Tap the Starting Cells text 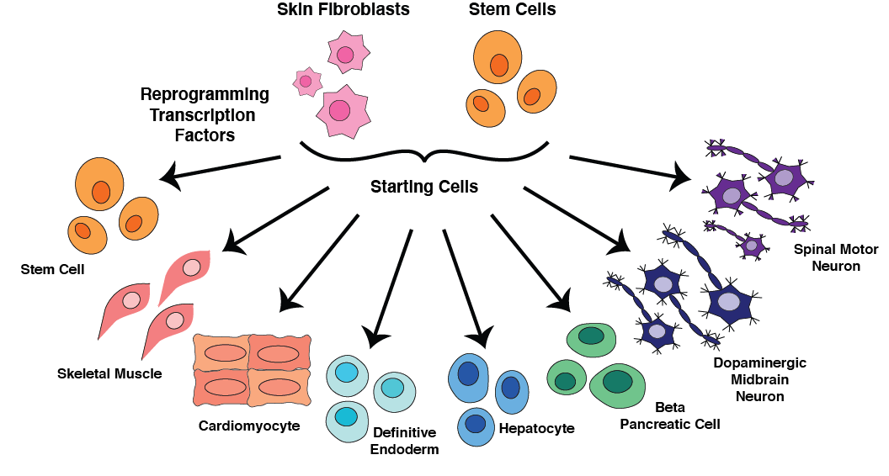tap(424, 187)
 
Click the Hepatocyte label tap(536, 429)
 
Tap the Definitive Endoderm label tap(404, 440)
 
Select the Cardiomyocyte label tap(249, 426)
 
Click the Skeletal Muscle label tap(109, 373)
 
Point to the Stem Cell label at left tap(53, 270)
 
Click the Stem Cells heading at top tap(512, 11)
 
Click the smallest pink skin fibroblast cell tap(306, 82)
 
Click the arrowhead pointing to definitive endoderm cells tap(376, 337)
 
